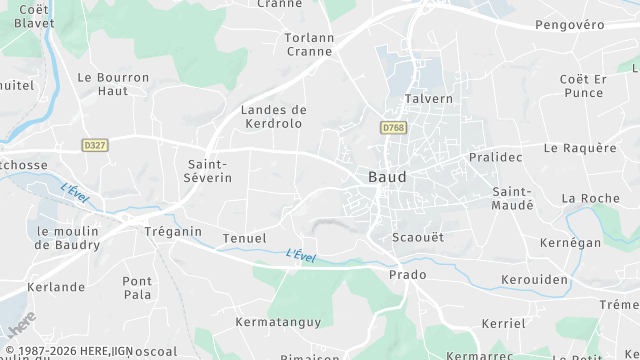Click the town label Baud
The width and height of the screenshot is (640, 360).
(x=387, y=177)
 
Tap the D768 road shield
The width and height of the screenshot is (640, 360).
(x=393, y=128)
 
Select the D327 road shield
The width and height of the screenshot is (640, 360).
(x=95, y=145)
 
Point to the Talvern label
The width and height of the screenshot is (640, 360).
(x=429, y=99)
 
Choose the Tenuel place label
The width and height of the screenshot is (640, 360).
(x=244, y=238)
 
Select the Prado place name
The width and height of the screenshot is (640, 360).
(x=407, y=274)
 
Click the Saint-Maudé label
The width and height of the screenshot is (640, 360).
(x=513, y=197)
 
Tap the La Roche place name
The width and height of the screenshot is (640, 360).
(x=592, y=198)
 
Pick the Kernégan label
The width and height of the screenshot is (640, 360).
(x=569, y=243)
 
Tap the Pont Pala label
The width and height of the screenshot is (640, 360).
(x=137, y=288)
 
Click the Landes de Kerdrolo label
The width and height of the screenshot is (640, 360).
(x=274, y=116)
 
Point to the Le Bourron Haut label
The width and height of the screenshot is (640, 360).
(x=113, y=83)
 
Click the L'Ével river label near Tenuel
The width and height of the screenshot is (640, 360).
(x=300, y=256)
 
